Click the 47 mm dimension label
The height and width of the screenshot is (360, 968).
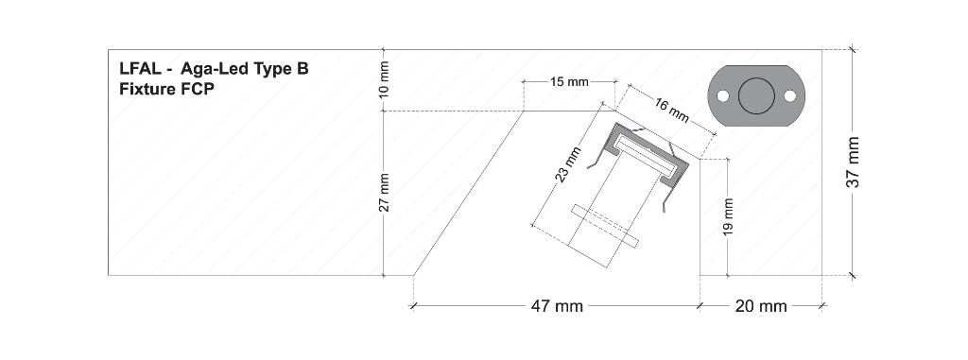(x=557, y=305)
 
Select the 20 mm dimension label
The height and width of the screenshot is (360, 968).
(x=761, y=305)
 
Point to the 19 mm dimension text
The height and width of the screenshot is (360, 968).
(x=729, y=216)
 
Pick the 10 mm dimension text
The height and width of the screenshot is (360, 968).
(x=384, y=79)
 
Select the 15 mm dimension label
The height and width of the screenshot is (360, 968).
(x=569, y=81)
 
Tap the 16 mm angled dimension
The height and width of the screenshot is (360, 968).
(x=670, y=110)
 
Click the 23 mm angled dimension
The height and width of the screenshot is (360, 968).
(x=568, y=164)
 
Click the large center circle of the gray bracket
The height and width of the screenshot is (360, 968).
(x=756, y=95)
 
